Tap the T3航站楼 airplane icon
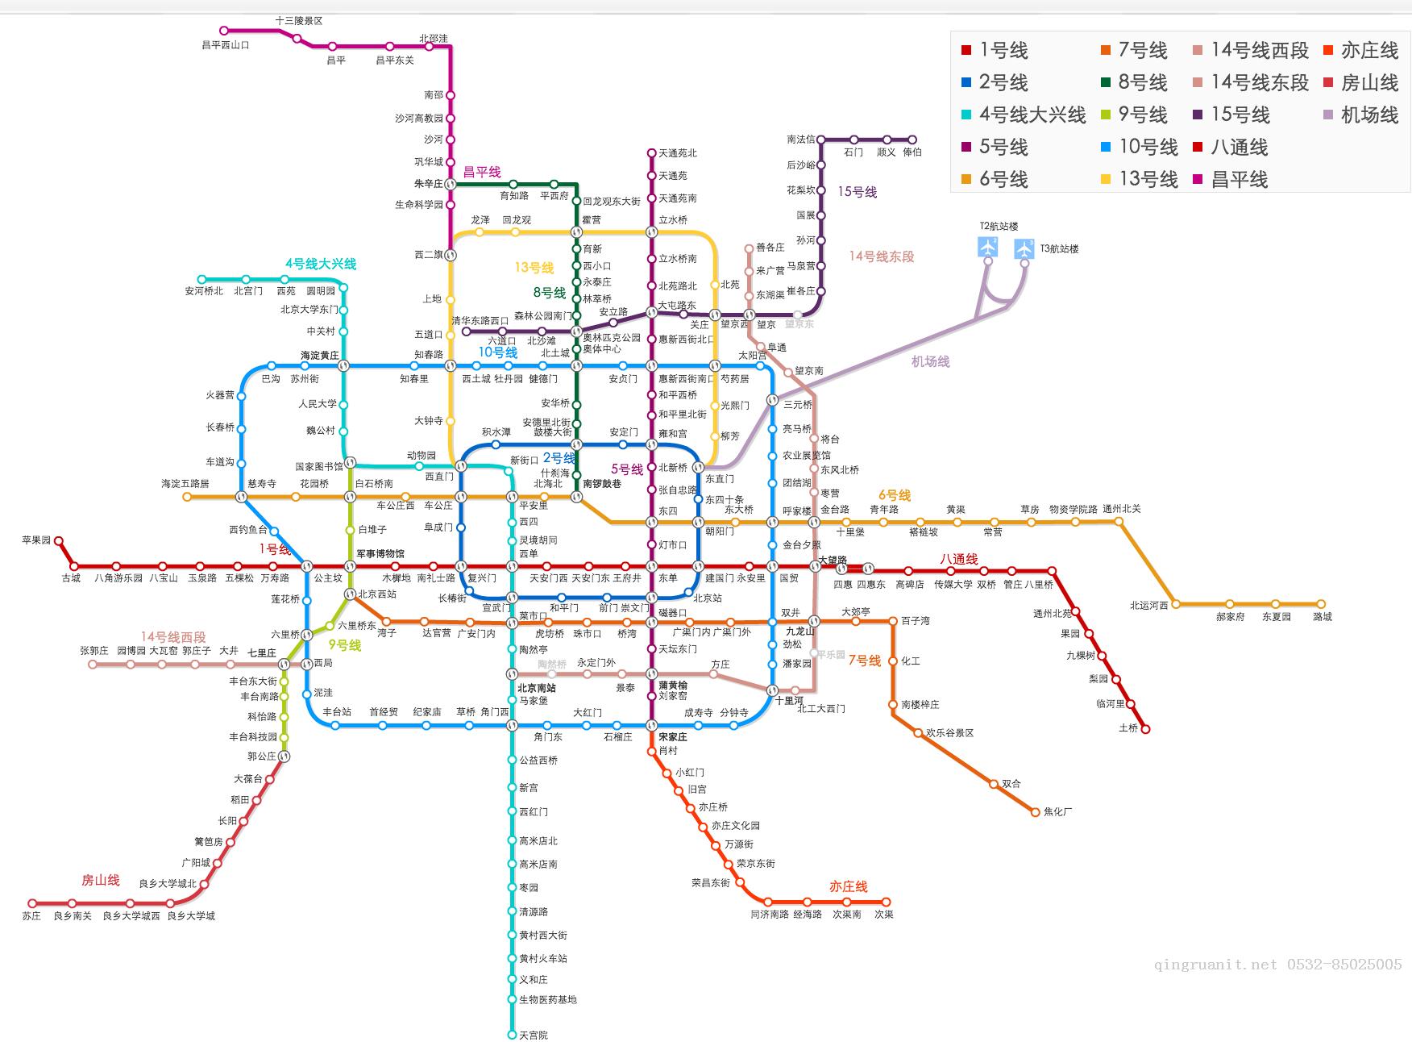coord(1024,248)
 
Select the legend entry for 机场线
coord(1369,115)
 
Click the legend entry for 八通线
coord(1239,148)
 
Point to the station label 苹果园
coord(36,540)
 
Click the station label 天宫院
coord(534,1035)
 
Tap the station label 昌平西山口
coord(226,45)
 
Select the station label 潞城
coord(1323,617)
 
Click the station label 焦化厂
coord(1057,812)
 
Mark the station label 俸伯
coord(912,152)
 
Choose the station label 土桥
coord(1128,728)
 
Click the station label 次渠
coord(884,915)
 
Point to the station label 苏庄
coord(31,916)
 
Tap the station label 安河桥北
coord(204,291)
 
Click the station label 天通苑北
coord(678,153)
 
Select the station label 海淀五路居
coord(185,484)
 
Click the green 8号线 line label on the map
coord(550,293)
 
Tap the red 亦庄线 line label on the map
coord(849,887)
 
